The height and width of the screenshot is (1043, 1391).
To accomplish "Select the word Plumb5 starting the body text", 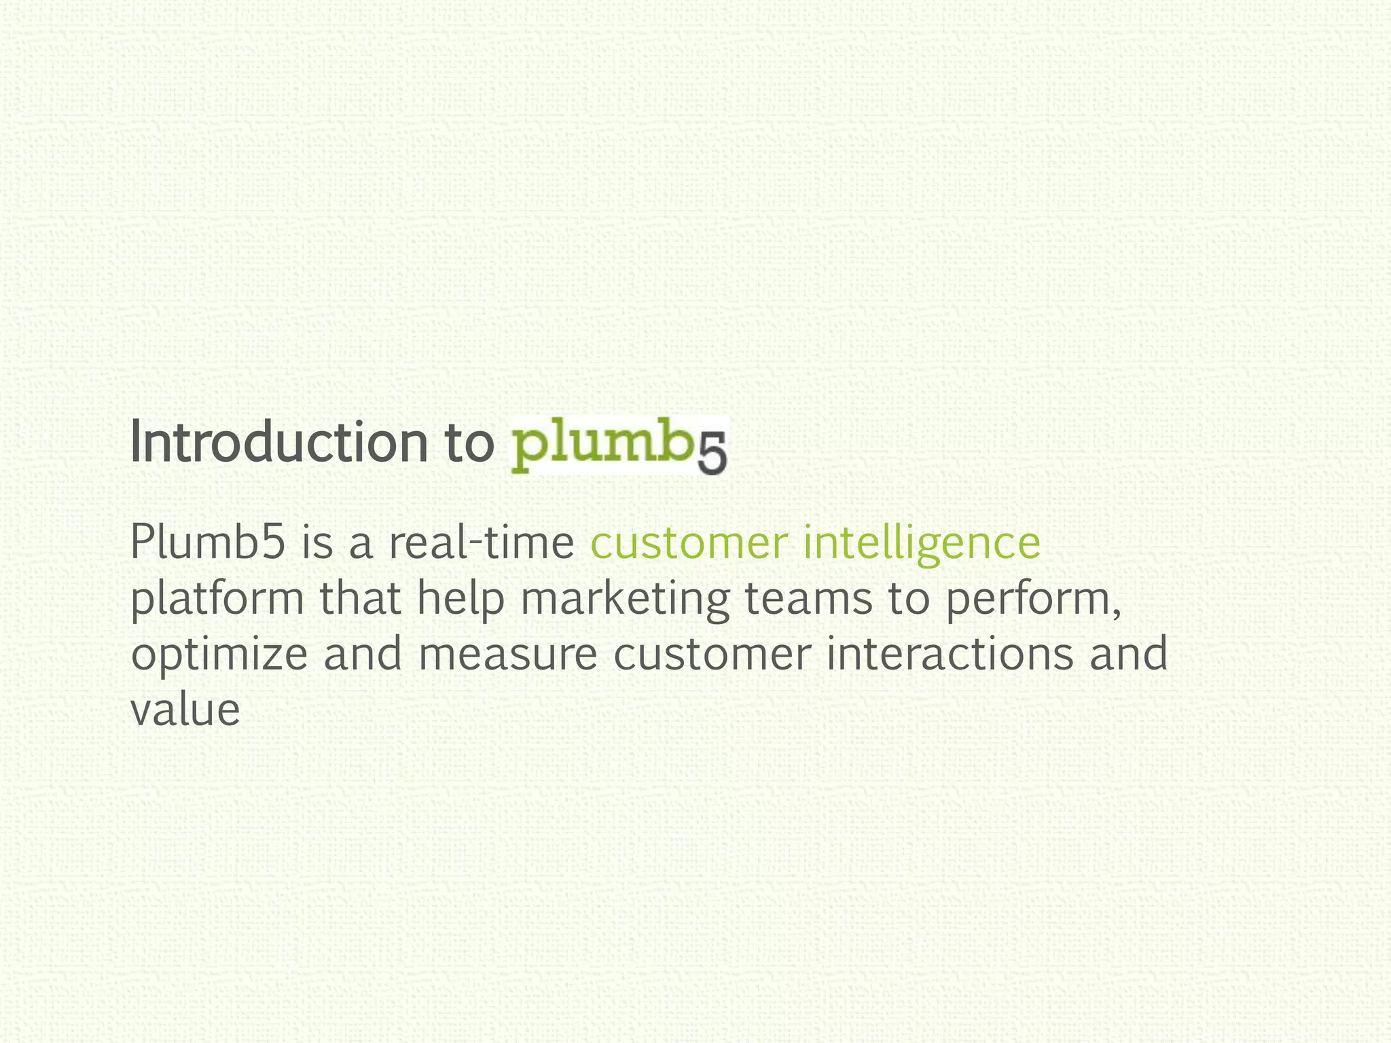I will tap(207, 543).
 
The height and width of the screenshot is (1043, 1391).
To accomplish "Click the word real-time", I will tap(482, 543).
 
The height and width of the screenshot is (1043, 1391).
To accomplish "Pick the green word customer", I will tap(689, 543).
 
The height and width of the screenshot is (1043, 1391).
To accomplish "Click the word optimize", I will tap(219, 655).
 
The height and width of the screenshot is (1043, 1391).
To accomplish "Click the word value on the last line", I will tap(185, 710).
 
